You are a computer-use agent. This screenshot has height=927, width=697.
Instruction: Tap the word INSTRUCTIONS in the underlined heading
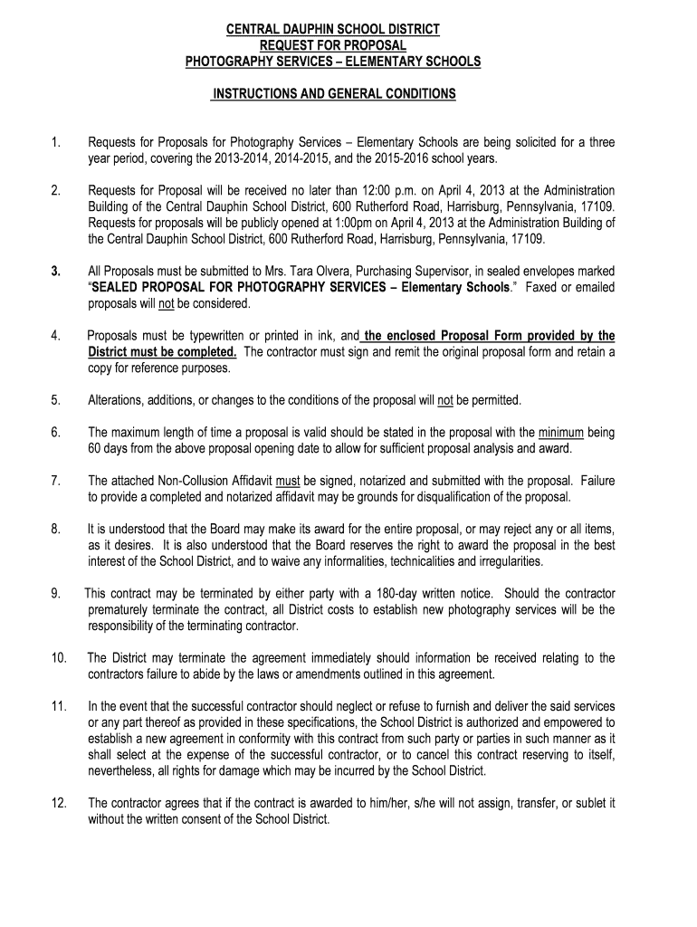[x=258, y=93]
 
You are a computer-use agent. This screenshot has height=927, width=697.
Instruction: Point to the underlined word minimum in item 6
[x=561, y=434]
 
